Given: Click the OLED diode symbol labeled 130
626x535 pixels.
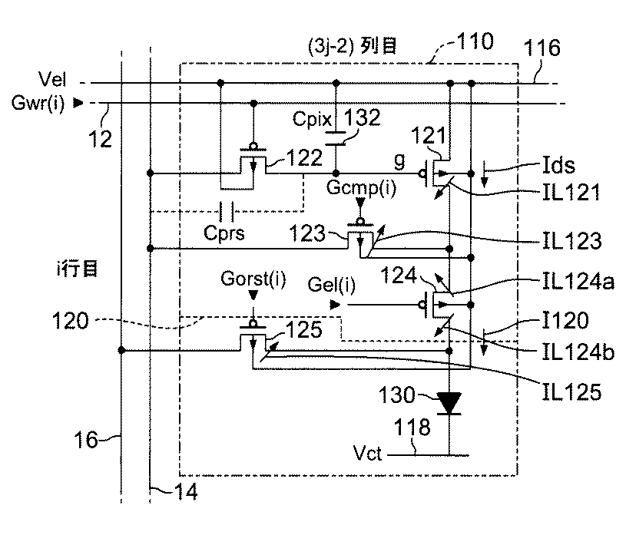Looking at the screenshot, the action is coord(449,403).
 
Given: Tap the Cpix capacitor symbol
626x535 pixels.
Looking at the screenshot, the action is coord(336,138).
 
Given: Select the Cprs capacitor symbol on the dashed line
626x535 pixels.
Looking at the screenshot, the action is coord(227,211).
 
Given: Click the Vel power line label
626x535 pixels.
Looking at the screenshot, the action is coord(52,79).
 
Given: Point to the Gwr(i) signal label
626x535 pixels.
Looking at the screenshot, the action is coord(38,103).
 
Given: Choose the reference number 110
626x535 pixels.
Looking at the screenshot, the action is coord(475,41).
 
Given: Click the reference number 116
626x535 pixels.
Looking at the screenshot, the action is coord(542,48).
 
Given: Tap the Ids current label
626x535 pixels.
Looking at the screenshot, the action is coord(558,165).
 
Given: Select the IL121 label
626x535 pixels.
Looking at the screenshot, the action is coord(571,193).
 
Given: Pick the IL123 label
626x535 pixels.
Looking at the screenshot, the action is coord(571,241).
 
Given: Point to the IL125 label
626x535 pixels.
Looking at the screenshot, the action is coord(571,391).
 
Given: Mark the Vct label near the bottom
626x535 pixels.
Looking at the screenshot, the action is coord(368,453).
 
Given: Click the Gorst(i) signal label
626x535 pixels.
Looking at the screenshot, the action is coord(253,279).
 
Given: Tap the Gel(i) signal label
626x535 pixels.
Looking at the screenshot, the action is coord(331,285).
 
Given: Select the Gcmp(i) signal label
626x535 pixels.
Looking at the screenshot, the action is coord(361,187).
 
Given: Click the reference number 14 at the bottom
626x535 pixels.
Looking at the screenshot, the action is coord(186,492).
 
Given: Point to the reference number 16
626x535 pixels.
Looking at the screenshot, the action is coord(85,441).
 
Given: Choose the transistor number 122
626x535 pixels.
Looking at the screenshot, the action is coord(304,158).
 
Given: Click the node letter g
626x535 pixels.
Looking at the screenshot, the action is coord(399,161).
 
